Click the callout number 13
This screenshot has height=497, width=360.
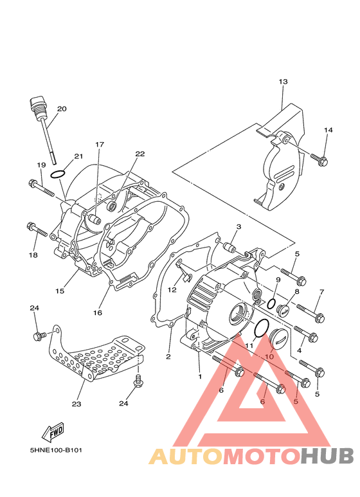[x=283, y=82]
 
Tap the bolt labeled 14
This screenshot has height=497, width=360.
[x=319, y=159]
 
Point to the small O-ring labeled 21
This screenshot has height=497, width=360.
[x=58, y=174]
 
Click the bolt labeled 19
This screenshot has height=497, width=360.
[x=41, y=188]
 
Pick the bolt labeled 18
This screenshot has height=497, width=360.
[x=37, y=230]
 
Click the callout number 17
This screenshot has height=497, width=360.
[x=100, y=145]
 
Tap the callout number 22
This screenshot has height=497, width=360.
[x=139, y=154]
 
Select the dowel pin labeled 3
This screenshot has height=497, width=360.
[x=229, y=246]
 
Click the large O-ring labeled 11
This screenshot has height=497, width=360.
[x=262, y=328]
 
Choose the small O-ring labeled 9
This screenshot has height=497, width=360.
[x=271, y=303]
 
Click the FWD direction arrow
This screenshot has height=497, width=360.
[x=53, y=432]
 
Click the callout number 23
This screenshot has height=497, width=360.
[x=76, y=404]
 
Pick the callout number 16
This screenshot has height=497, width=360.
[x=98, y=312]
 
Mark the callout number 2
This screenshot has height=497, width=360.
[x=168, y=357]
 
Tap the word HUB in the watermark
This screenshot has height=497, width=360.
[x=327, y=456]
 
